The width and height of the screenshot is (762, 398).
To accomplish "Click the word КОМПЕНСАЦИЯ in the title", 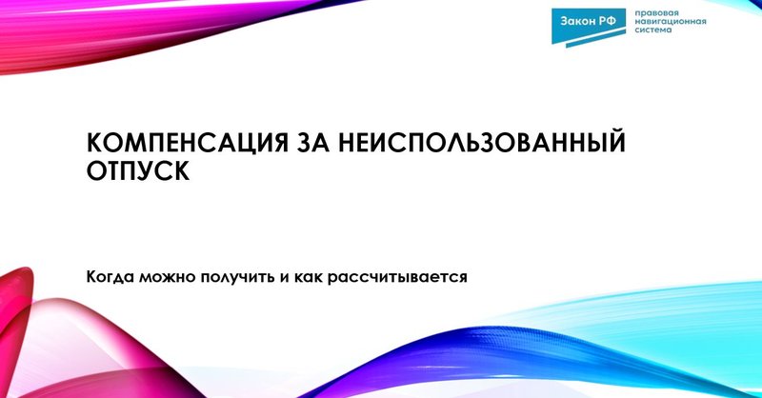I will click(180, 144).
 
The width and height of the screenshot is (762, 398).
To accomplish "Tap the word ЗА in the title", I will click(307, 144).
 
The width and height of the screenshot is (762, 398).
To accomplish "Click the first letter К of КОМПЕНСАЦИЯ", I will click(94, 144).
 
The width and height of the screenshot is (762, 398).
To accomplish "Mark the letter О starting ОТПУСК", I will click(96, 172).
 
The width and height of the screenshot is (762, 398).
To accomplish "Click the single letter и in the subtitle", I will click(285, 277).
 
